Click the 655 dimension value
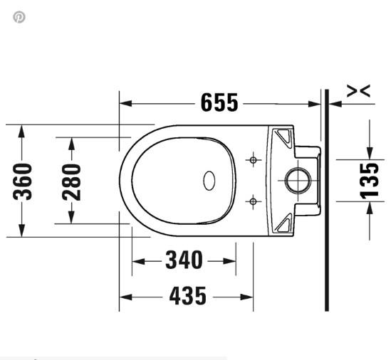219,103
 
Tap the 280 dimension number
71,181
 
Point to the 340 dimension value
184,260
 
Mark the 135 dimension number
370,180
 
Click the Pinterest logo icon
19,17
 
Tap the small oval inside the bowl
210,181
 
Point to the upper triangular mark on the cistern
283,135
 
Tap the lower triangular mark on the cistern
283,225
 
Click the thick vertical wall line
326,199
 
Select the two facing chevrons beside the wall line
358,90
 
